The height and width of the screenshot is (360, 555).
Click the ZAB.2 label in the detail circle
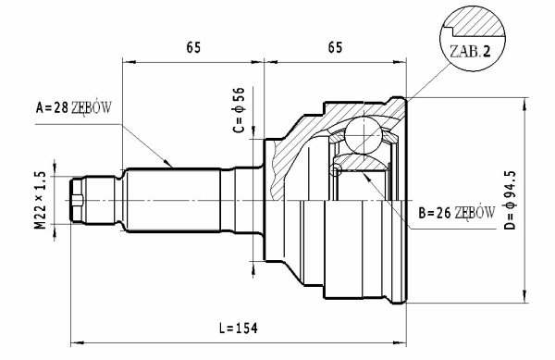[470, 52]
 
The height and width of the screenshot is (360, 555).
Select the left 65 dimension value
[193, 47]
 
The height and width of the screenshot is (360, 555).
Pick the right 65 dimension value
[335, 47]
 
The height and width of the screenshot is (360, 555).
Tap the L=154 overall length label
[239, 329]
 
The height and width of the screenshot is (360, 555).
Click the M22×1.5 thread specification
[41, 200]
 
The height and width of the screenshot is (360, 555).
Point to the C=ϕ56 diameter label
[239, 110]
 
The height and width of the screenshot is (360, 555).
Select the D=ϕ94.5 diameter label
[510, 200]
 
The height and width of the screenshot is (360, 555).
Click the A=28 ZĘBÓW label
[74, 107]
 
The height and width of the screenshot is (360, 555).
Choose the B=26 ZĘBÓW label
[457, 213]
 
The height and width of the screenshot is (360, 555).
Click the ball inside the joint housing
[364, 135]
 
